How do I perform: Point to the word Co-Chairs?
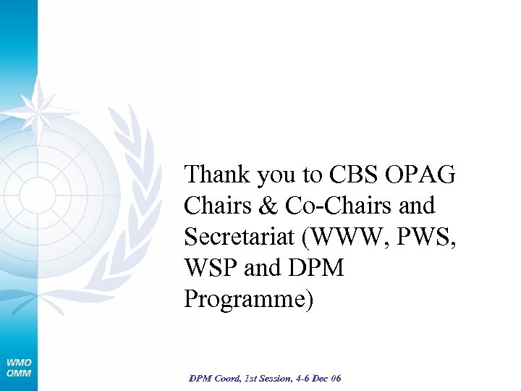(332, 206)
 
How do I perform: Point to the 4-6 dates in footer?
(304, 379)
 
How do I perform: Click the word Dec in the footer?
(323, 379)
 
